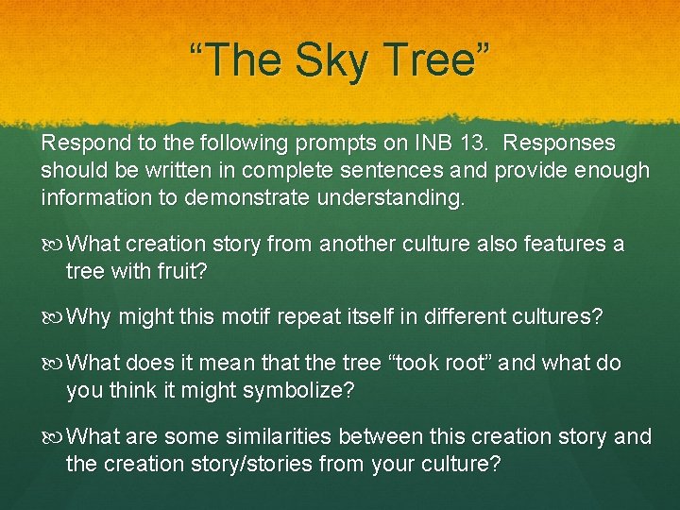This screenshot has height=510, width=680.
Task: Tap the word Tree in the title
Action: [435, 60]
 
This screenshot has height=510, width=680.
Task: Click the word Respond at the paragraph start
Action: [82, 144]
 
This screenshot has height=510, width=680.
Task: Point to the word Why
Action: [89, 316]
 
